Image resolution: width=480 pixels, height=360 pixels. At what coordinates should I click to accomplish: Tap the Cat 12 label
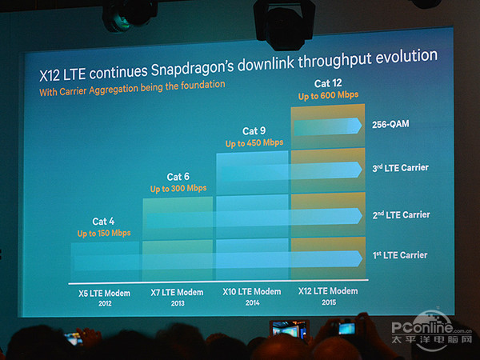(x=327, y=83)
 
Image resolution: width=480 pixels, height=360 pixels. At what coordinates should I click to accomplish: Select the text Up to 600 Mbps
(x=328, y=94)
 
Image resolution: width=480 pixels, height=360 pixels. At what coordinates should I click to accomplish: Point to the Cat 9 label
(x=254, y=131)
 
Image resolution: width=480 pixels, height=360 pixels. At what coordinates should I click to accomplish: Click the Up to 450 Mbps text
(x=254, y=142)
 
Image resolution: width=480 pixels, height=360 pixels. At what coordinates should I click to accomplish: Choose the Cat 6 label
(x=178, y=177)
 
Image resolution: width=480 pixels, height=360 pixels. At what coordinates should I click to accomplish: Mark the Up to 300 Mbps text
(x=178, y=188)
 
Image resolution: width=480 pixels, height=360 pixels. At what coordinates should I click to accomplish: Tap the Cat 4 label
(x=104, y=221)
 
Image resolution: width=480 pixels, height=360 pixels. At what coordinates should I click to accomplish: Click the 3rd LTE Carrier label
(x=401, y=168)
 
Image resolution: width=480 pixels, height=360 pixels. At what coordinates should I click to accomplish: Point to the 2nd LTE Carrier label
(x=401, y=214)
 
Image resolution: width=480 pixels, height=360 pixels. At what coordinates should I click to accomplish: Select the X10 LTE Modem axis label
(x=252, y=291)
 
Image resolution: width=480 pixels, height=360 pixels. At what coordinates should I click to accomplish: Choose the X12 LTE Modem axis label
(x=328, y=291)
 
